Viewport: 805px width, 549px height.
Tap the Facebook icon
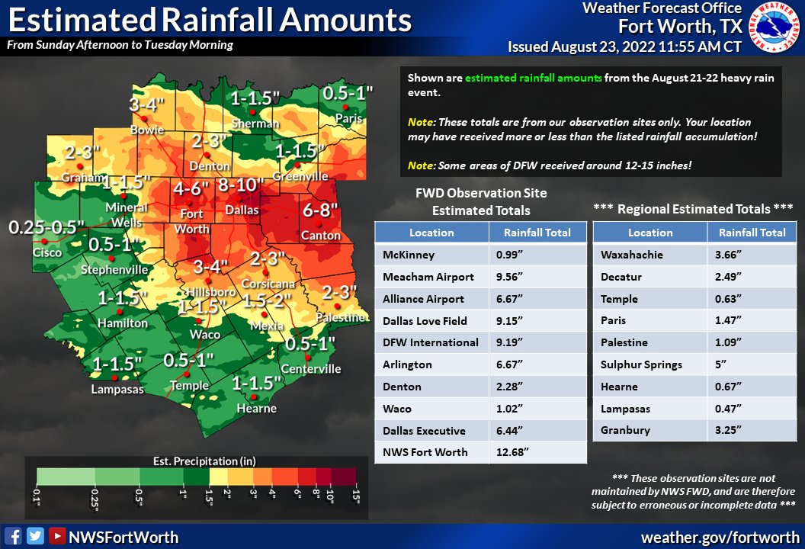coord(13,536)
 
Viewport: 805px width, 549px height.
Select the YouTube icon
coord(56,536)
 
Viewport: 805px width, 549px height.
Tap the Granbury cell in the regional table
coord(625,430)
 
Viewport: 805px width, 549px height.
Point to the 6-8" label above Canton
coord(321,209)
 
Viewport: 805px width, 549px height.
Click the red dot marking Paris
coord(345,108)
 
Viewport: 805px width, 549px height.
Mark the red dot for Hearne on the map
coord(255,396)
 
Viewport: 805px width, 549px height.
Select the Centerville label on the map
coord(311,369)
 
